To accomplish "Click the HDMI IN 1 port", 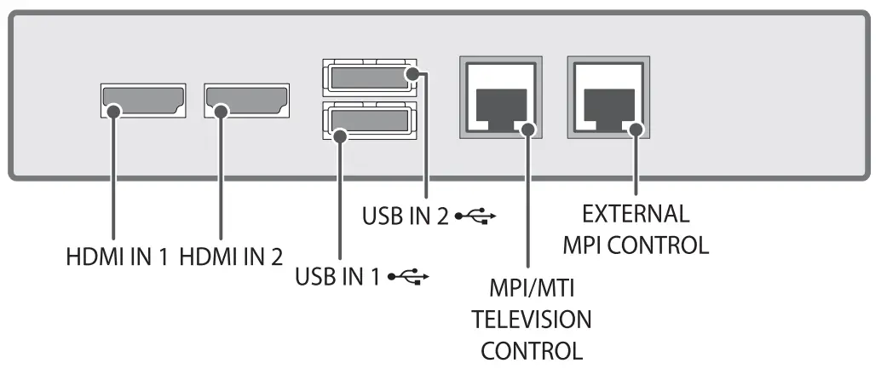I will point(143,101).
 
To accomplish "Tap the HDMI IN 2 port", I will point(246,101).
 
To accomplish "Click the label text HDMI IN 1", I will point(118,255).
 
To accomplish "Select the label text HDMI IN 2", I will point(232,255).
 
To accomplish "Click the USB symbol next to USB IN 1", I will point(407,276).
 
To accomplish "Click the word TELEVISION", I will point(531,320).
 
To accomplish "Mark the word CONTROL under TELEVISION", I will point(532,350).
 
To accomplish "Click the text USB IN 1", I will point(337,276).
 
